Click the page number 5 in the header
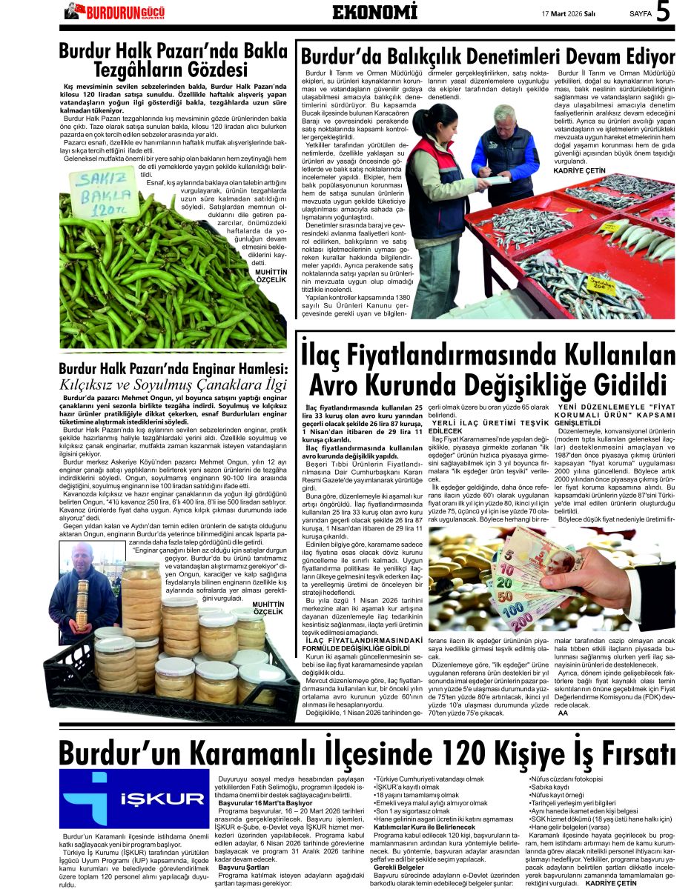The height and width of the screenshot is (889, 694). (x=664, y=13)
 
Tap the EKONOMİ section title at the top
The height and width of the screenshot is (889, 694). (x=374, y=13)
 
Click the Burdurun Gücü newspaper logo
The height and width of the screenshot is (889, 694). (x=114, y=11)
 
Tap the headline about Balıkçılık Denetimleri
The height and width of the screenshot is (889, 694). (x=487, y=58)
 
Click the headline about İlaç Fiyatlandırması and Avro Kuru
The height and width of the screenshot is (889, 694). (x=487, y=367)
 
